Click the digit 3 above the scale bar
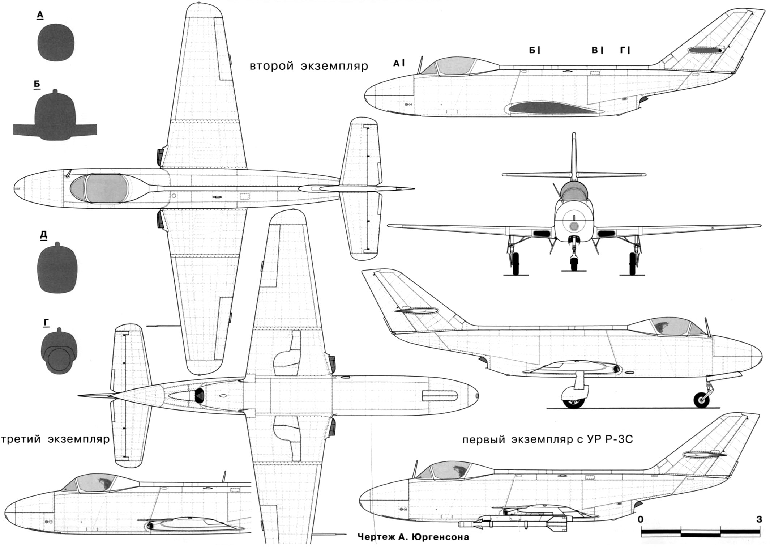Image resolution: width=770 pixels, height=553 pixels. coord(759,519)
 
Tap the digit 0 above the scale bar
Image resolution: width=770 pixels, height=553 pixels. coord(641,519)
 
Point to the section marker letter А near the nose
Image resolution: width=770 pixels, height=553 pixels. coord(397,63)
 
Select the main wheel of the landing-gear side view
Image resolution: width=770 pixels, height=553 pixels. coord(574,399)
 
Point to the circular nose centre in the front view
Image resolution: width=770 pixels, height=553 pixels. coord(574,226)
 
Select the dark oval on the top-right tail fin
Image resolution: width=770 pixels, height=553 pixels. coord(704,50)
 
